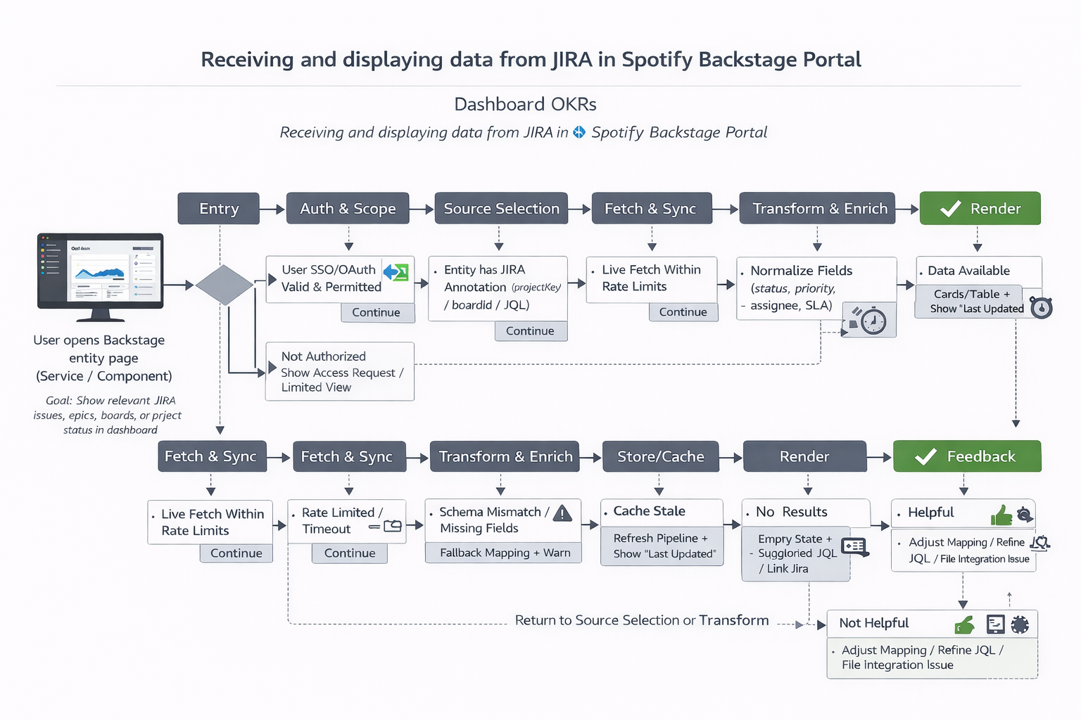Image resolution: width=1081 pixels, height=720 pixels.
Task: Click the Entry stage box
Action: pyautogui.click(x=219, y=209)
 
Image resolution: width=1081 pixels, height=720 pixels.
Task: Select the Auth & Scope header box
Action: pyautogui.click(x=348, y=209)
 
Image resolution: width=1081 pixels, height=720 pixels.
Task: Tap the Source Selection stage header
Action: pyautogui.click(x=501, y=209)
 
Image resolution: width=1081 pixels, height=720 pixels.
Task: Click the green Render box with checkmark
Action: pyautogui.click(x=980, y=209)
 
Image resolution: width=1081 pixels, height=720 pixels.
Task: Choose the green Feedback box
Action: pyautogui.click(x=967, y=456)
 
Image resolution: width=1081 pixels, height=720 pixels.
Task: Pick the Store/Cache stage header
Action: pyautogui.click(x=660, y=456)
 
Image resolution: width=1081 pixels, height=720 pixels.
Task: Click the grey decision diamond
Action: pyautogui.click(x=225, y=285)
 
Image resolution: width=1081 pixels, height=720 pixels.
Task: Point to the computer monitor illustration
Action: pyautogui.click(x=101, y=275)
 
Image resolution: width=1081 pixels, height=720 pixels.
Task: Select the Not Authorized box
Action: pyautogui.click(x=339, y=371)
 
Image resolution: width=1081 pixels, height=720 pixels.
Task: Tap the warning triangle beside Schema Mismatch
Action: pyautogui.click(x=562, y=513)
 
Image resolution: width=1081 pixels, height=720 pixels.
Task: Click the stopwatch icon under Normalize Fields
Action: pyautogui.click(x=873, y=321)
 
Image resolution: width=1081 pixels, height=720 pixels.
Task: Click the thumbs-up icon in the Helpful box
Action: pyautogui.click(x=1001, y=515)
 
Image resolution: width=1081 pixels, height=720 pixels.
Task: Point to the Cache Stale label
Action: pyautogui.click(x=649, y=511)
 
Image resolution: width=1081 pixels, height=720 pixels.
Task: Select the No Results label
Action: pyautogui.click(x=791, y=512)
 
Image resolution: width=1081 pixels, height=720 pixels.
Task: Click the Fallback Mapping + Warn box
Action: pyautogui.click(x=504, y=553)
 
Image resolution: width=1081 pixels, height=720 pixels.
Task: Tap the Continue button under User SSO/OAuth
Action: pyautogui.click(x=376, y=312)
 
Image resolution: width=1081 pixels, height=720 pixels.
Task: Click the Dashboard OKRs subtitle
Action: pyautogui.click(x=525, y=105)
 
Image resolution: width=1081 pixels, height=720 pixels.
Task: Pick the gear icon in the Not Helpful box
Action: pyautogui.click(x=1020, y=624)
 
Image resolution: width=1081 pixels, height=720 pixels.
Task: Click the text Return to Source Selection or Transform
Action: pyautogui.click(x=641, y=620)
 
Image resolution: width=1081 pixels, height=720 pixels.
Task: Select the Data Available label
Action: pyautogui.click(x=968, y=271)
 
